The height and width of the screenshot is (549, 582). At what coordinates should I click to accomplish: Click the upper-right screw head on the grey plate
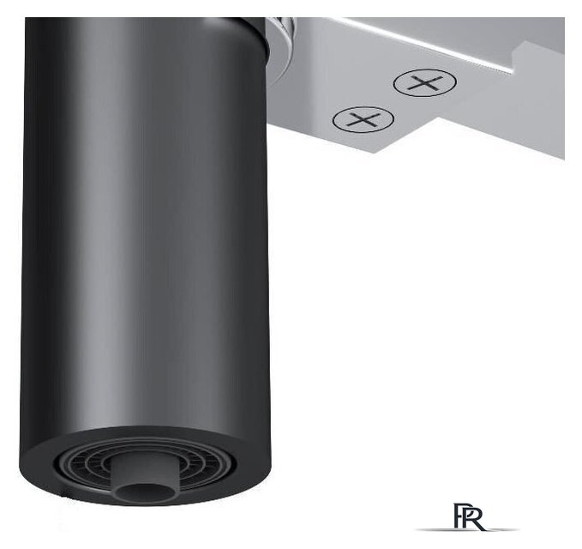coord(425,83)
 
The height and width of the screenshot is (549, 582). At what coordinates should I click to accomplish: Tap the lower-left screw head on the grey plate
coord(363,119)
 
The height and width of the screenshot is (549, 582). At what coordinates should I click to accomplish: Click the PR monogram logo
coord(469,516)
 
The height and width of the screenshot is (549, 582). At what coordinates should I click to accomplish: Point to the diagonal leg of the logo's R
coord(479,524)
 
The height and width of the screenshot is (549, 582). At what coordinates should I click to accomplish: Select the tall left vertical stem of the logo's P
coord(456,516)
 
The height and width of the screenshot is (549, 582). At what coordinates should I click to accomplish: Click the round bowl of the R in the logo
coord(477,513)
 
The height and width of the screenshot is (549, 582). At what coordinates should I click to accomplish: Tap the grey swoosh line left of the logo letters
coord(435,529)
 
